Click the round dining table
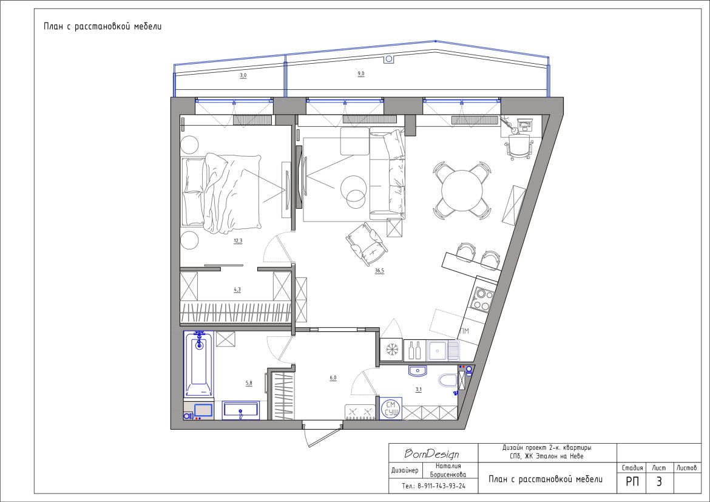coord(462,191)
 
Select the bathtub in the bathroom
coord(198,364)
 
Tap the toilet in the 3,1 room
coord(448,380)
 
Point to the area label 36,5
coord(379,271)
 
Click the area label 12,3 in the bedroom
coord(238,241)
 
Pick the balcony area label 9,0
coord(361,73)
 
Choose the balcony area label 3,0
coord(243,75)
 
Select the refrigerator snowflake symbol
coord(391,350)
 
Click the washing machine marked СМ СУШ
coord(391,409)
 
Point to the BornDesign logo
coord(431,453)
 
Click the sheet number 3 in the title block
coord(659,481)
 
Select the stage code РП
coord(632,481)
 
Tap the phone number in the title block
coord(433,486)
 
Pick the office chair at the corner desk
coord(518,146)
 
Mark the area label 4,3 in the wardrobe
coord(237,290)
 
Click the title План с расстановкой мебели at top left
coord(103,26)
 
